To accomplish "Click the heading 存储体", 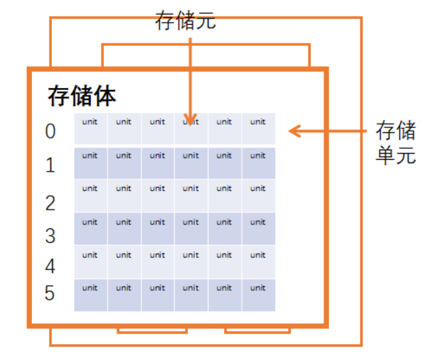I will click(82, 96).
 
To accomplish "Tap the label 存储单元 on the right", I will click(396, 142).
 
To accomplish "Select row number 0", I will click(50, 132).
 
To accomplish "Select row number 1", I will click(50, 165).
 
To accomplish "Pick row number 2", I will click(50, 203).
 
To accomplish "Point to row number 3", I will click(50, 235).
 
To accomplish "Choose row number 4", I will click(50, 266).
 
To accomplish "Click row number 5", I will click(50, 294).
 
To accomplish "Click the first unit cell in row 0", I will click(90, 129).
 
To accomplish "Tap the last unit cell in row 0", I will click(258, 129).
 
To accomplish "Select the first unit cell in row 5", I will click(90, 295).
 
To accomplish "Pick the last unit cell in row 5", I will click(258, 295).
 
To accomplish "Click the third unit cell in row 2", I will click(157, 195).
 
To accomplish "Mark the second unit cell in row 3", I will click(124, 228).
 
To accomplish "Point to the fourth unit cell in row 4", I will click(191, 262).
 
